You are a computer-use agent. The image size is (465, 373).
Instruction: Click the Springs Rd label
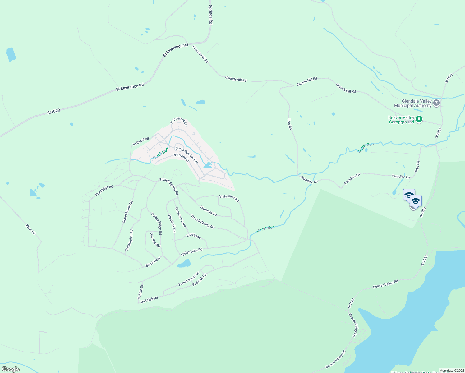210,15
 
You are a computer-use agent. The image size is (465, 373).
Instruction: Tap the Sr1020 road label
54,111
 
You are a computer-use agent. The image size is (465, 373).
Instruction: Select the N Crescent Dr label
179,121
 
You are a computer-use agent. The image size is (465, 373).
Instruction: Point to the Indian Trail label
141,142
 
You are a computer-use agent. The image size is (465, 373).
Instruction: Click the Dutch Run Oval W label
186,155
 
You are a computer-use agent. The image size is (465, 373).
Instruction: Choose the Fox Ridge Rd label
104,191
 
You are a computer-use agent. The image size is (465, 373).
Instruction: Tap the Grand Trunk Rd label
127,212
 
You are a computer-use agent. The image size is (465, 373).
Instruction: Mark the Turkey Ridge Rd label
156,223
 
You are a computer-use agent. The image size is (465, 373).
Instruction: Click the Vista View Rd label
229,198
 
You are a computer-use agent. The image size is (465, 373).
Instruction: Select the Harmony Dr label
208,211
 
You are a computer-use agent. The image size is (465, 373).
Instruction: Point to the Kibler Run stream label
265,229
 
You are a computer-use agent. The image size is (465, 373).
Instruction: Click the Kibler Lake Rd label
192,252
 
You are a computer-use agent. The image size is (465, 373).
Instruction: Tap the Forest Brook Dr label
189,279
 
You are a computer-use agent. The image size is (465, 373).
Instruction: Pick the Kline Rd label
31,229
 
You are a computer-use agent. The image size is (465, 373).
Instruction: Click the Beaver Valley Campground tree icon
419,119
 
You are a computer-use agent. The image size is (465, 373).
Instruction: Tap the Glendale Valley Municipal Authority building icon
436,103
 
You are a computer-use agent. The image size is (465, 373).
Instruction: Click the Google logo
11,369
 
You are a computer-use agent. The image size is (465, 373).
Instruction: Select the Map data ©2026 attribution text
452,371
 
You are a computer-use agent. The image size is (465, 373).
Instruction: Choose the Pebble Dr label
140,292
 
